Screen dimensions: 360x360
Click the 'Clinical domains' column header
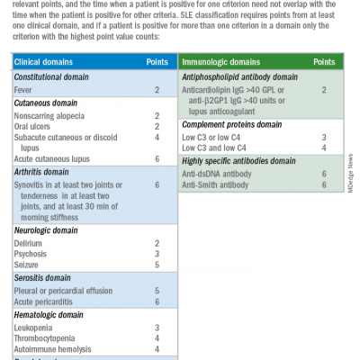click(x=45, y=63)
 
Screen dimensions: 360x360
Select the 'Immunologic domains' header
click(x=220, y=63)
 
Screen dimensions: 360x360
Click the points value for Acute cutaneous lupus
click(x=157, y=158)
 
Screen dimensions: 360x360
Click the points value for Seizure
click(x=157, y=265)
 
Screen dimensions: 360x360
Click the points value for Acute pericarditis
click(x=157, y=301)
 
